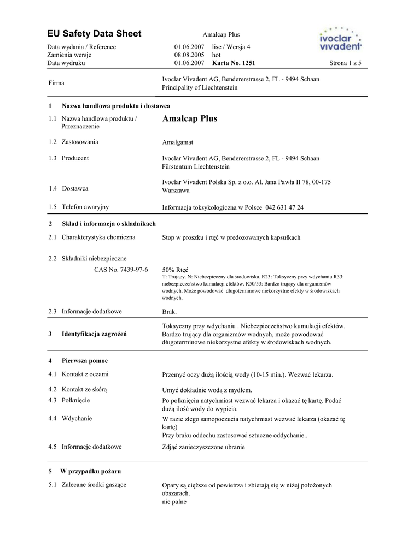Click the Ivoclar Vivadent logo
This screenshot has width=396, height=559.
pos(340,39)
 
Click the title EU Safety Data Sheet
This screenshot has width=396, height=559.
pos(94,34)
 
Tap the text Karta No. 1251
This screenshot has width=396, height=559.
pos(234,63)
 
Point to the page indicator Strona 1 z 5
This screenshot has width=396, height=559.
pos(345,63)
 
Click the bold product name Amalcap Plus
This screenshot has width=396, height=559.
pos(190,118)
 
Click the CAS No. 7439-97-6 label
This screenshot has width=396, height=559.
pos(121,270)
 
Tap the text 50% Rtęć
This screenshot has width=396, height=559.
pos(175,270)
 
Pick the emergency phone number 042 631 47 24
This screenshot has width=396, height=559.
pos(284,207)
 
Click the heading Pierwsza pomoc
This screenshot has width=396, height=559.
pos(85,361)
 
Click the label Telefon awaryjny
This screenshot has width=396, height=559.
pos(85,207)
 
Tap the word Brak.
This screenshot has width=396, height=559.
pos(169,312)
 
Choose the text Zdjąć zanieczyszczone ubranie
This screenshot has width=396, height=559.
pos(203,447)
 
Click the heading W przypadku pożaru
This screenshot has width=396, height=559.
pos(90,471)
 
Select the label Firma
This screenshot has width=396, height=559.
pos(56,83)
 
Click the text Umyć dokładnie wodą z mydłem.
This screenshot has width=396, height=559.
pos(207,390)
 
